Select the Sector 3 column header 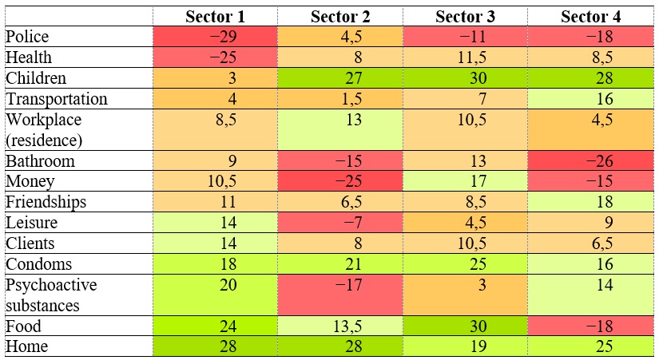[x=466, y=16]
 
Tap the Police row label [x=27, y=37]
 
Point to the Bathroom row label [x=40, y=160]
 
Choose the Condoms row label [x=38, y=264]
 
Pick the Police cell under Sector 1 [x=215, y=37]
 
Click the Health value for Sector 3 [x=466, y=57]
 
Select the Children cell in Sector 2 [x=340, y=78]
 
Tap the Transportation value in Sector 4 [x=592, y=99]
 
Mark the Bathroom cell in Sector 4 [x=592, y=160]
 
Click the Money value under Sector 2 [x=340, y=181]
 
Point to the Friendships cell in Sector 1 [x=215, y=202]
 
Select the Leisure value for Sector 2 [x=340, y=223]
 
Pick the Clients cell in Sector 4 [x=592, y=243]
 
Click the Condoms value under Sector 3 [x=466, y=264]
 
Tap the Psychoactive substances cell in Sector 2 [x=340, y=295]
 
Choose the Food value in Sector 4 [x=592, y=326]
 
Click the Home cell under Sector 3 [x=466, y=346]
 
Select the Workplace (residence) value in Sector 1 [x=215, y=129]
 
